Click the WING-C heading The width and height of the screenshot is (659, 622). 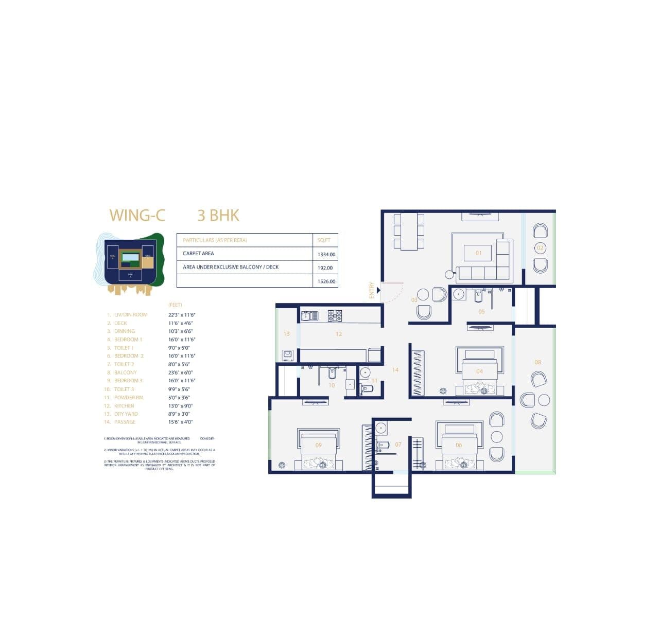pos(137,215)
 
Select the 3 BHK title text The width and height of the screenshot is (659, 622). pos(218,215)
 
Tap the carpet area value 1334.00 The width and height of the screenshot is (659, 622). pos(326,254)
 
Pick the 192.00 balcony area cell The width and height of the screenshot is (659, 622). pos(325,268)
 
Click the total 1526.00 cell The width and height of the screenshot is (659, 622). pos(326,281)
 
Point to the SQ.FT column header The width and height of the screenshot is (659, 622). pos(324,240)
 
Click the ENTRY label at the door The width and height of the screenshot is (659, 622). pos(372,290)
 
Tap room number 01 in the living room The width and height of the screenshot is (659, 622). pos(479,253)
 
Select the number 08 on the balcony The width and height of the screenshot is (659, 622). pos(537,362)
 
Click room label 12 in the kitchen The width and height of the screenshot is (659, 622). pos(338,334)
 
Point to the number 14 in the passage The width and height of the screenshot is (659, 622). pos(395,369)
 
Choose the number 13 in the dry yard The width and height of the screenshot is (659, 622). pos(286,333)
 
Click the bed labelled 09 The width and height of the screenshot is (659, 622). pos(318,448)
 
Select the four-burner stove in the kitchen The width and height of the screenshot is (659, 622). pos(335,315)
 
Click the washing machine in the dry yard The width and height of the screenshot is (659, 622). pos(287,354)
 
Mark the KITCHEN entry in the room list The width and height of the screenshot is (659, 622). pos(124,406)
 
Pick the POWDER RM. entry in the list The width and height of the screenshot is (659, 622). pos(129,398)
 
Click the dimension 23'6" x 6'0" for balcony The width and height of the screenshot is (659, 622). pos(180,372)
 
